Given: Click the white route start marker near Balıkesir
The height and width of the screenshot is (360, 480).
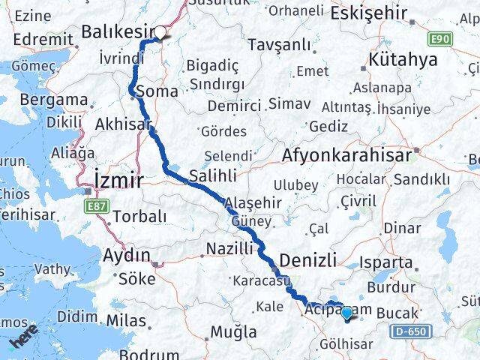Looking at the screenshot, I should tap(160, 32).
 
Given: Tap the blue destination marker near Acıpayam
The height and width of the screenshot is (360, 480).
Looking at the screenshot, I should tap(346, 313).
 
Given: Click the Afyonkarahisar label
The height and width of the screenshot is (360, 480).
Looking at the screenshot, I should tap(347, 155).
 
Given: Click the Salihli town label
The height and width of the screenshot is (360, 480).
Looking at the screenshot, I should tap(212, 175).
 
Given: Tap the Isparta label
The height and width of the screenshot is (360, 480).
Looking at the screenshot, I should tap(406, 263).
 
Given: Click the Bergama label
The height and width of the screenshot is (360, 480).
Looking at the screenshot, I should tap(53, 99).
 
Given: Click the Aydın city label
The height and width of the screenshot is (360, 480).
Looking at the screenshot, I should tap(123, 253).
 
